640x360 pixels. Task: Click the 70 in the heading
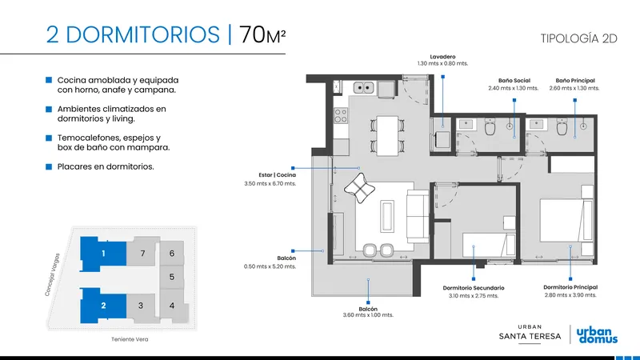[x=252, y=34]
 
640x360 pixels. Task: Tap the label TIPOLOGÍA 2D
[x=578, y=38]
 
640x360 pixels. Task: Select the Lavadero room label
[x=442, y=57]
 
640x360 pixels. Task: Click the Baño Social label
[x=514, y=81]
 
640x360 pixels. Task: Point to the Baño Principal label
[x=574, y=81]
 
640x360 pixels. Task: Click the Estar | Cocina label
[x=277, y=174]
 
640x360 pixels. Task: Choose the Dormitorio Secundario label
[x=474, y=288]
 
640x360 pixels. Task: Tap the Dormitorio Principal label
[x=570, y=287]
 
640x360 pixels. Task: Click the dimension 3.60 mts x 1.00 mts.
[x=368, y=315]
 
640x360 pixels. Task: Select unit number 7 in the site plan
[x=142, y=254]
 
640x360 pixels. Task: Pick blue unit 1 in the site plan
[x=103, y=254]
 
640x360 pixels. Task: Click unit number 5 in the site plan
[x=172, y=277]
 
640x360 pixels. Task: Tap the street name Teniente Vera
[x=130, y=339]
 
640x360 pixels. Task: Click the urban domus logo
[x=597, y=335]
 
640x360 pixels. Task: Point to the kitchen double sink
[x=364, y=87]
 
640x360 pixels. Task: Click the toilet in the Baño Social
[x=490, y=127]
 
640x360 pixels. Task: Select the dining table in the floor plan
[x=387, y=135]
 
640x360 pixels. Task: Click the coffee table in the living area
[x=387, y=216]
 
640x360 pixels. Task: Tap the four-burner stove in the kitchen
[x=341, y=115]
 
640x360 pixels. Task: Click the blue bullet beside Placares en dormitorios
[x=49, y=166]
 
